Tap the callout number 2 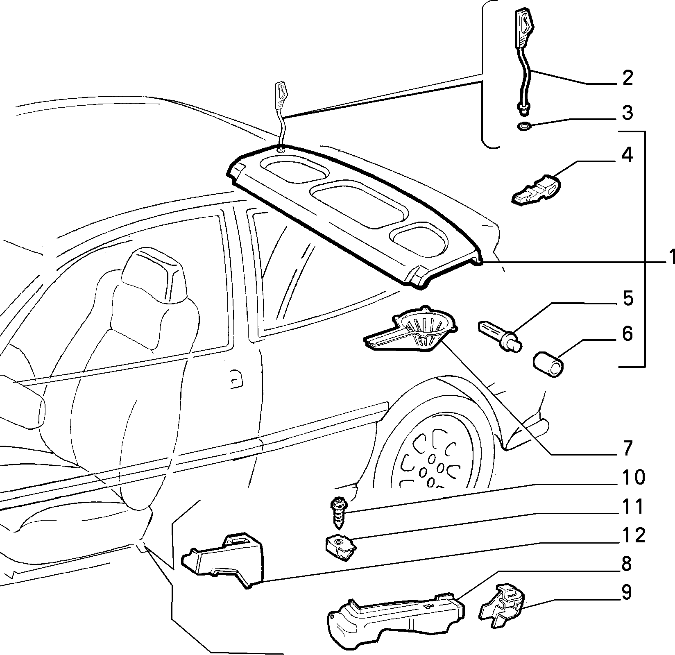tap(626, 78)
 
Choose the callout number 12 tap(632, 535)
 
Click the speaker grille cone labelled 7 tap(412, 328)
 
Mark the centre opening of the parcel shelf tap(360, 206)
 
